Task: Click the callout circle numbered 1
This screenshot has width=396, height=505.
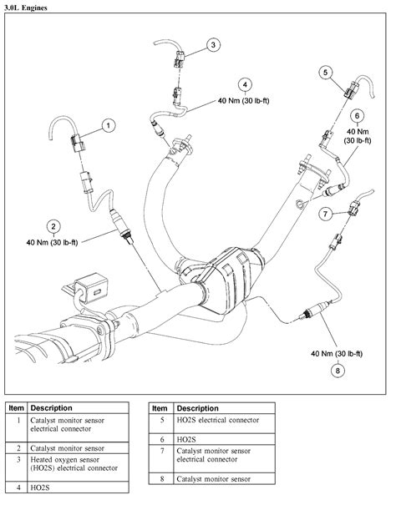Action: (x=108, y=126)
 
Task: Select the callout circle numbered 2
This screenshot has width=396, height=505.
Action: (x=53, y=225)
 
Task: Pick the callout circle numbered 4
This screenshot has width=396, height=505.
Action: (x=245, y=84)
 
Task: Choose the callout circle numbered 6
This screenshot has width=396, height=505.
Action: (x=356, y=116)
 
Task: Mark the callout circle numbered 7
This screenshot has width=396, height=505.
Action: (x=327, y=215)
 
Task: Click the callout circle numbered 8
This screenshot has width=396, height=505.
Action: (x=338, y=370)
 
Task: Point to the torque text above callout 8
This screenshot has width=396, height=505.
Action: (x=335, y=353)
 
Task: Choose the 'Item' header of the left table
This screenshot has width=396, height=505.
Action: (x=17, y=407)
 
